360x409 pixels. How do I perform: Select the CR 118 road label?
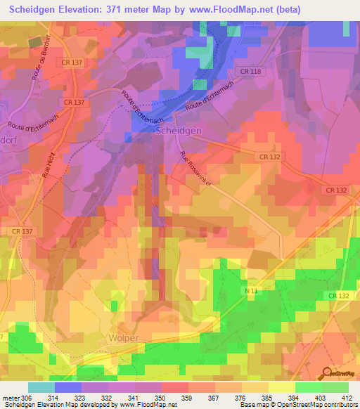coord(249,72)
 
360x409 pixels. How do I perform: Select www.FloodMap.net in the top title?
coord(227,10)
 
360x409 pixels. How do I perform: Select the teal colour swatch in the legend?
coord(41,387)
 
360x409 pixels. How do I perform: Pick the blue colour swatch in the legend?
coord(68,387)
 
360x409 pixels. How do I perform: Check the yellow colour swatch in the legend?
coord(281,387)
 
